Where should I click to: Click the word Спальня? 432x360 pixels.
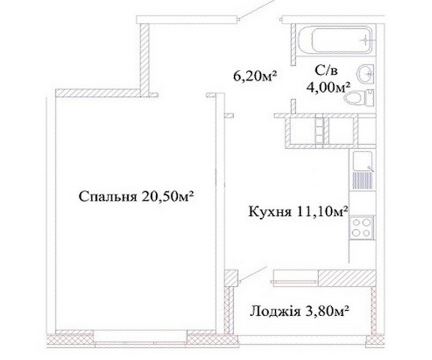click(108, 197)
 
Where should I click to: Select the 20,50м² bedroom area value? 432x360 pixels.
click(167, 197)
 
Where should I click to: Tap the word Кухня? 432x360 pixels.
click(270, 212)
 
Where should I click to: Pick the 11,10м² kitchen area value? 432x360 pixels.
click(321, 212)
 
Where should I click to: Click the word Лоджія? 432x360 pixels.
click(275, 312)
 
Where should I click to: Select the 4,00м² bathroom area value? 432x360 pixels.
click(328, 88)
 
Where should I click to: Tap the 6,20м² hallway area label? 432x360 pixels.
click(255, 76)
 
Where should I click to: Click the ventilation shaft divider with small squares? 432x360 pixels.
click(319, 130)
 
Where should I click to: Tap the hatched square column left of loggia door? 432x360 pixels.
click(231, 277)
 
